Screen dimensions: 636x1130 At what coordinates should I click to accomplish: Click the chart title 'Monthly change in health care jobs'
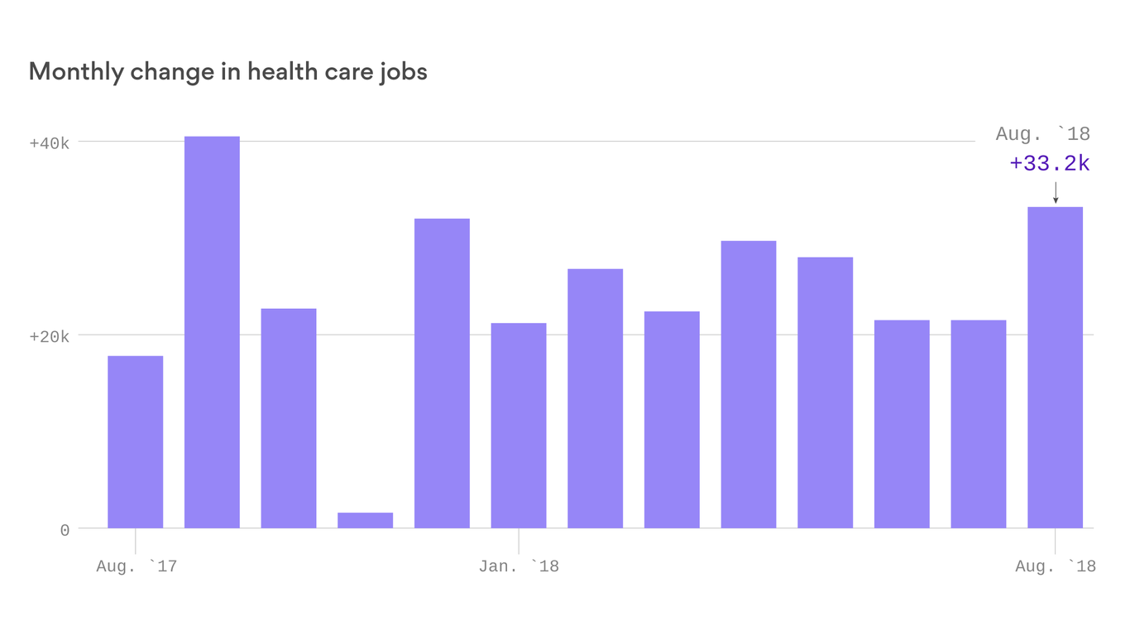click(x=227, y=72)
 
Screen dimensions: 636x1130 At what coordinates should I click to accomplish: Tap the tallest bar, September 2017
click(x=212, y=332)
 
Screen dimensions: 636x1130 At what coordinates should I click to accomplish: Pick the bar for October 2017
click(x=289, y=418)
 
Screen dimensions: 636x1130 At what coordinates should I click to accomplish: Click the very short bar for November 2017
click(x=366, y=520)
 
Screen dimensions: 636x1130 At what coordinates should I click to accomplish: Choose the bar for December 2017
click(x=442, y=373)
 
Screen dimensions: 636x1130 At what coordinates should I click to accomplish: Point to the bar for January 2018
click(x=519, y=426)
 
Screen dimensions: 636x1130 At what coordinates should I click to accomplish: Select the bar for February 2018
click(x=596, y=398)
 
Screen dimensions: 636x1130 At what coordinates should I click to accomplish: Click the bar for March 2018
click(x=672, y=420)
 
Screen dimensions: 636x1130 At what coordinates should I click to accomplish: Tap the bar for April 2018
click(x=749, y=384)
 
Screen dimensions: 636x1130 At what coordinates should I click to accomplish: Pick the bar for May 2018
click(x=825, y=393)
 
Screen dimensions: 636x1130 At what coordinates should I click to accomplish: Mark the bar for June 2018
click(x=902, y=424)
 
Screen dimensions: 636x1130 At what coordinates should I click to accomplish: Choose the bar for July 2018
click(x=979, y=424)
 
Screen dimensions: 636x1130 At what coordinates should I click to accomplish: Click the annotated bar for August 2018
click(x=1055, y=368)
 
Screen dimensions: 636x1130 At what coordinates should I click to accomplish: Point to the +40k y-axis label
click(x=49, y=143)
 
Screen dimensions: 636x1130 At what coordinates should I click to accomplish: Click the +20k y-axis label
click(x=49, y=336)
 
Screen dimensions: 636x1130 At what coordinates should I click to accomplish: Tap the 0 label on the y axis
click(x=65, y=530)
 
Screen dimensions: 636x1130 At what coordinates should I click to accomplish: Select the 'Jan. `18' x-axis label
click(x=519, y=566)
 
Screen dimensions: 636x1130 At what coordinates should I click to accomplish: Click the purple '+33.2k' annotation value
click(x=1050, y=164)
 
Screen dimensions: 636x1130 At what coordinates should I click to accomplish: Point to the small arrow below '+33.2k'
click(x=1056, y=192)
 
